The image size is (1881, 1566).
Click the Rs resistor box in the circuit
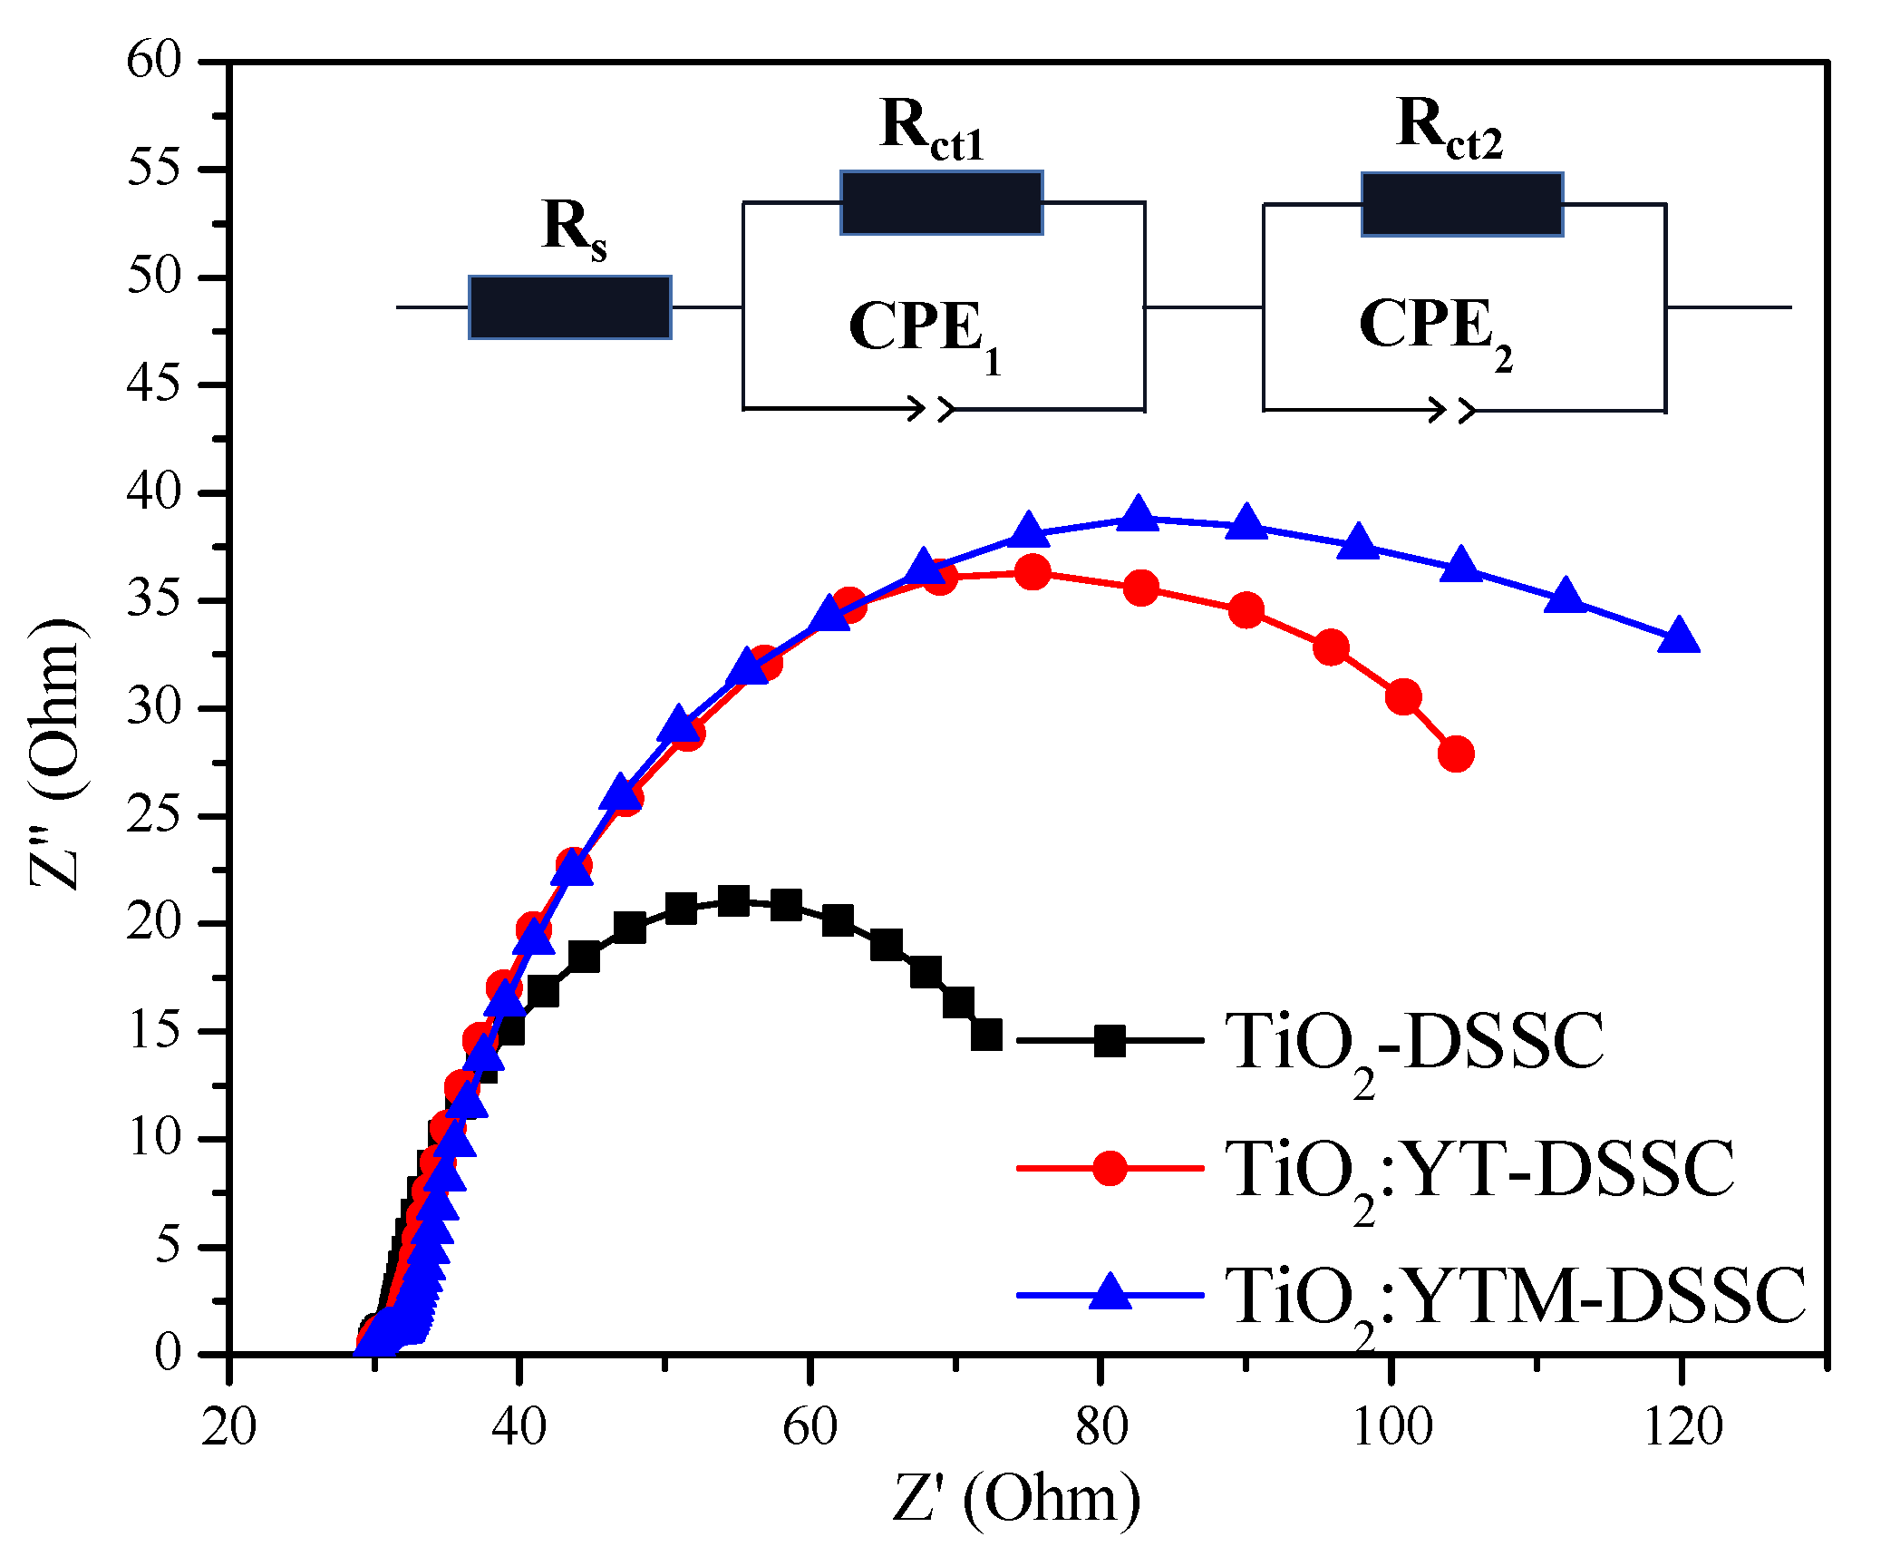coord(569,307)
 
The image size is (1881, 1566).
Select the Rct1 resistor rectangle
coord(941,202)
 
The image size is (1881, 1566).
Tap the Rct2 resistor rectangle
coord(1461,204)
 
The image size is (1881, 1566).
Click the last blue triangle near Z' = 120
coord(1679,637)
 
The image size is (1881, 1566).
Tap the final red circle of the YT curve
coord(1456,754)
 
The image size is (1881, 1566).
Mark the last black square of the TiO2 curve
coord(986,1035)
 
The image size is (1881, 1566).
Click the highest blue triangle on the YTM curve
coord(1138,515)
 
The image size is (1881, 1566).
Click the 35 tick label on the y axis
coord(154,600)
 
